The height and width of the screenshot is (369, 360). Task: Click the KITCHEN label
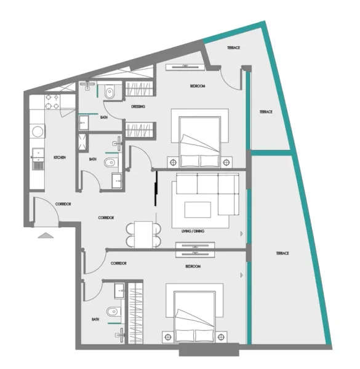[60, 158]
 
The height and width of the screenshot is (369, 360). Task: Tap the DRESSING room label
[138, 106]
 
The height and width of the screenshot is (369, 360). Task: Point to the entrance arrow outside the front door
[46, 235]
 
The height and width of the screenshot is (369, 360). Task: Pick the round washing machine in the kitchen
[38, 130]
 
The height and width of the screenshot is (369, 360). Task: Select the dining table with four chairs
[142, 234]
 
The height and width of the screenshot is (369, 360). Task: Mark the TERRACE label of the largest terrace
[283, 253]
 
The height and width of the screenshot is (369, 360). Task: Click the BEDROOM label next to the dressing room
[197, 86]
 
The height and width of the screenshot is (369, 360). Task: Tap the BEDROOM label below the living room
[193, 267]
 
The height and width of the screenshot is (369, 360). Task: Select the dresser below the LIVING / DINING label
[195, 248]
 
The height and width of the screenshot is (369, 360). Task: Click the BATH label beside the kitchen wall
[92, 159]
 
